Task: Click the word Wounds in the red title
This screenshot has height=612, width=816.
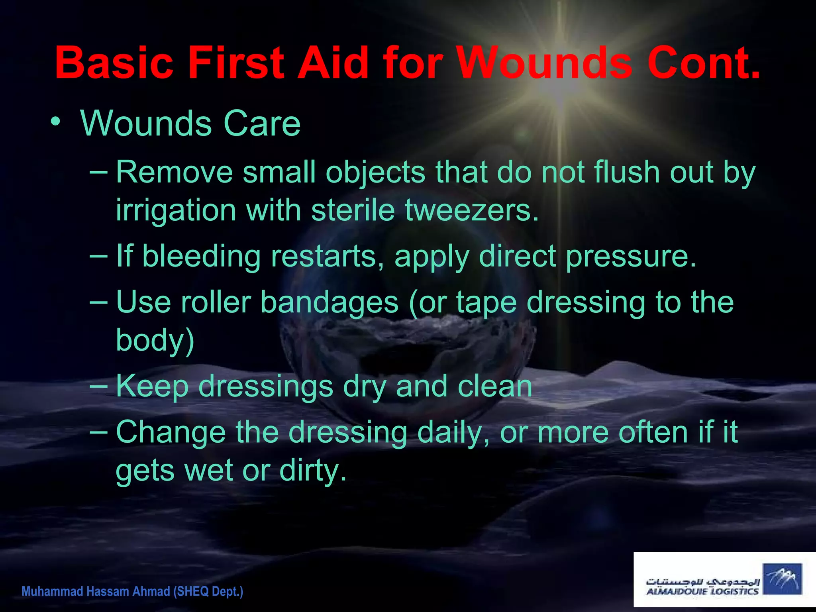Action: pos(544,63)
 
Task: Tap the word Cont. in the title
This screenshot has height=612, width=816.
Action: pos(704,63)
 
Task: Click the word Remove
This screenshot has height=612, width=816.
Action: pos(174,172)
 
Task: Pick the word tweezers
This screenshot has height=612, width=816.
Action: pos(472,210)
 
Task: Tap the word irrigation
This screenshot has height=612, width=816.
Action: pos(176,211)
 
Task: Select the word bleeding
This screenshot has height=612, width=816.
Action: pos(202,256)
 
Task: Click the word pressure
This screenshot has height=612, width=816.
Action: pos(631,257)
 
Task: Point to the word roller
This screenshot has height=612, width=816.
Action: pos(216,302)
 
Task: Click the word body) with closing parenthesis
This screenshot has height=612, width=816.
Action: pos(155,340)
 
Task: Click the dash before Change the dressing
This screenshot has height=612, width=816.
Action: pos(98,432)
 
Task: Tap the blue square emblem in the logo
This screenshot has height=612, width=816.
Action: pos(782,579)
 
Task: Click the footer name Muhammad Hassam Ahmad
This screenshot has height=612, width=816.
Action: pos(96,591)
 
